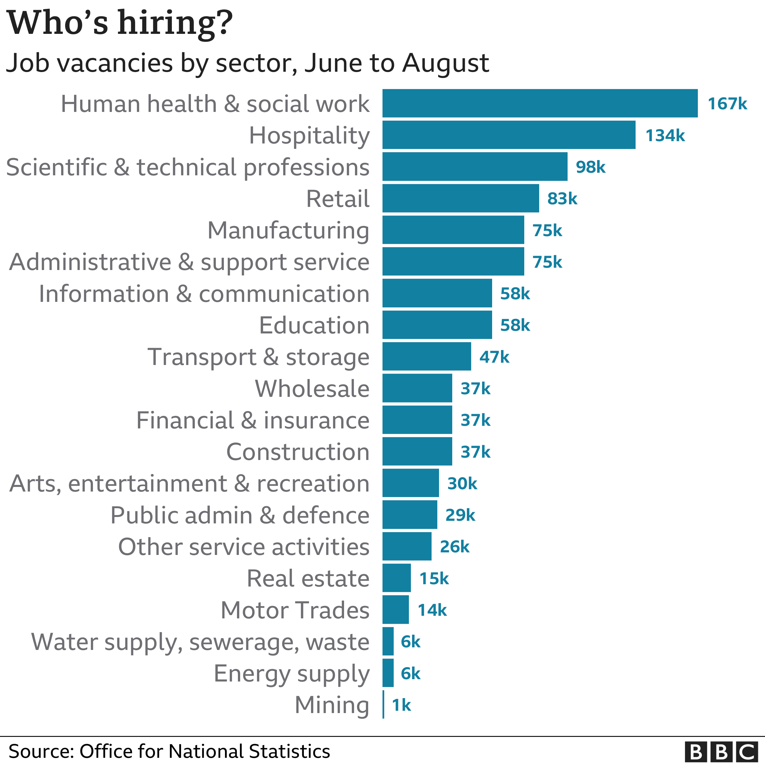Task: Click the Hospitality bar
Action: click(508, 135)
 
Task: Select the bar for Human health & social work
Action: click(540, 103)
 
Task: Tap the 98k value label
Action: click(590, 167)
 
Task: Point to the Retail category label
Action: click(338, 199)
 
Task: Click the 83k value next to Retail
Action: click(562, 199)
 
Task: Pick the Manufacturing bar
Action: click(453, 230)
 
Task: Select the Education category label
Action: click(314, 325)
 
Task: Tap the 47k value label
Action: click(494, 357)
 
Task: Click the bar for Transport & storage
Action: click(426, 357)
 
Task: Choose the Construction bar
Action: click(417, 452)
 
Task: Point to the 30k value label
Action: click(462, 484)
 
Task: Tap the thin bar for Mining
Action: click(383, 705)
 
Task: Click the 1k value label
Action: click(401, 705)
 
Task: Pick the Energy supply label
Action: click(292, 673)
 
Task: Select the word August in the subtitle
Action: click(445, 63)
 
